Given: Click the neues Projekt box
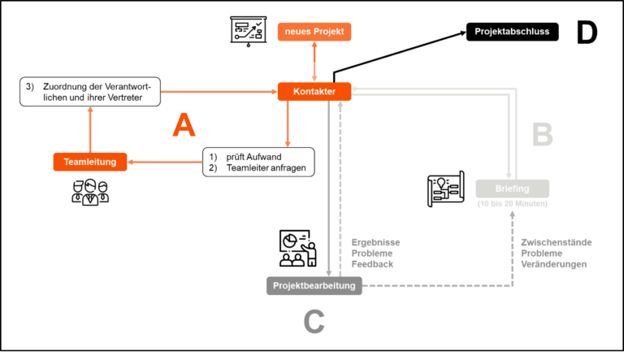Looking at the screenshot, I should click(314, 32).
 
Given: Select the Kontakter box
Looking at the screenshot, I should click(314, 92).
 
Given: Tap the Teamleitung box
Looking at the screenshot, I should click(89, 162).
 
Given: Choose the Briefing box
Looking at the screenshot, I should click(512, 189).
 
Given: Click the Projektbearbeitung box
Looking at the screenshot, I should click(314, 285).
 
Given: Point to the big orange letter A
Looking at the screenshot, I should click(184, 125).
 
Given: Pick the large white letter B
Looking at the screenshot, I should click(542, 136).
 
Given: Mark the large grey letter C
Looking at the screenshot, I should click(314, 322).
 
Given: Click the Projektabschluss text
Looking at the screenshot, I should click(512, 32).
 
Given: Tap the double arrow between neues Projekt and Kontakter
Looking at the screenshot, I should click(314, 62).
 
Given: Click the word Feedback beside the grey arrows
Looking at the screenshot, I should click(372, 264).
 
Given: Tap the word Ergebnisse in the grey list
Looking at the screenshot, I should click(375, 242).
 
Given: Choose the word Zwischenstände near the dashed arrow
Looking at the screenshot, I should click(556, 242).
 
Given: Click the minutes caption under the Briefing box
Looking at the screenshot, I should click(512, 204).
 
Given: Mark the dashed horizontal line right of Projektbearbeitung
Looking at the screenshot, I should click(439, 285).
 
